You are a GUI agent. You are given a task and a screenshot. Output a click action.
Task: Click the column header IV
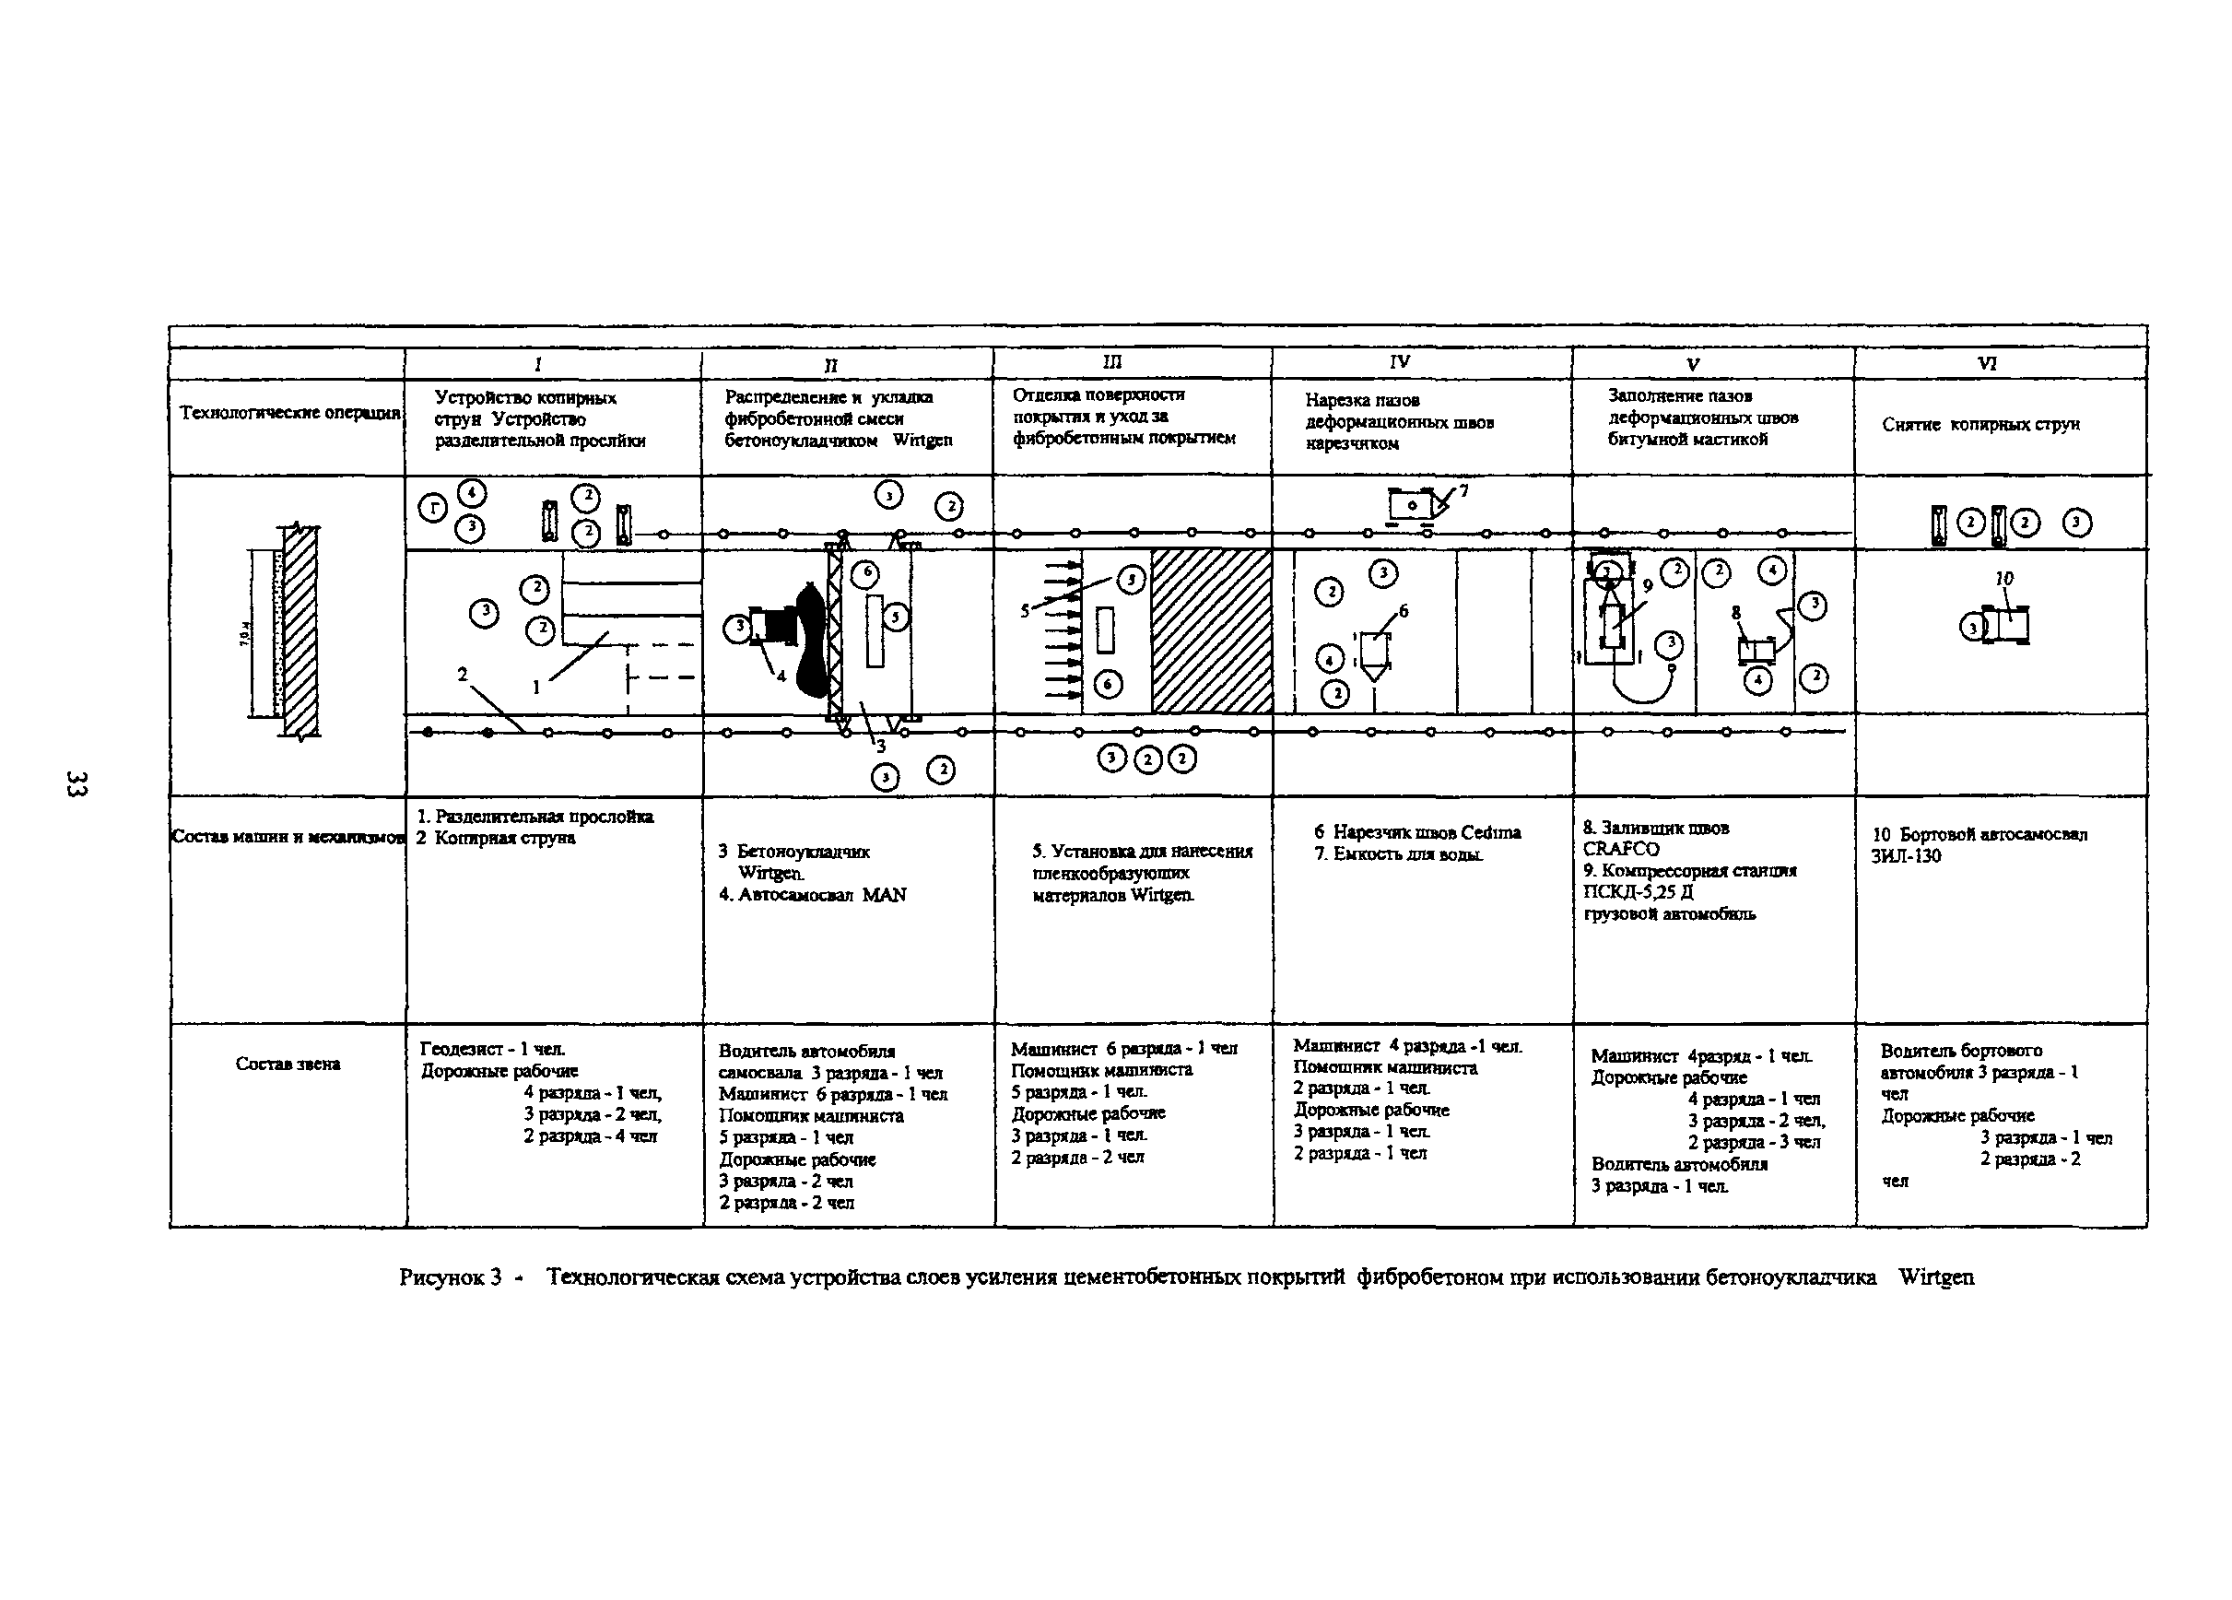pyautogui.click(x=1400, y=362)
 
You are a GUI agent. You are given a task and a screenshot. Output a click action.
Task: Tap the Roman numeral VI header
pyautogui.click(x=1986, y=363)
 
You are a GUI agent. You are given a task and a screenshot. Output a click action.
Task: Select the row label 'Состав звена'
pyautogui.click(x=288, y=1064)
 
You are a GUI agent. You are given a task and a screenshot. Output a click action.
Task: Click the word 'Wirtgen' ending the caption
pyautogui.click(x=1936, y=1277)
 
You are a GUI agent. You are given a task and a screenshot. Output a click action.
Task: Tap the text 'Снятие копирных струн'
pyautogui.click(x=1980, y=424)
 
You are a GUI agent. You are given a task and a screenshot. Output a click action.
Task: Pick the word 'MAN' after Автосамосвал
pyautogui.click(x=884, y=894)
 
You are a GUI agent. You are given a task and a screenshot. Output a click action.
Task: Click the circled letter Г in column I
pyautogui.click(x=433, y=508)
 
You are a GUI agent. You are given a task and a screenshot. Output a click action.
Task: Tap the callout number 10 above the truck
pyautogui.click(x=2003, y=579)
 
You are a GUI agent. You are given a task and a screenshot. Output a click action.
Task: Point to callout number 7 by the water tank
pyautogui.click(x=1463, y=490)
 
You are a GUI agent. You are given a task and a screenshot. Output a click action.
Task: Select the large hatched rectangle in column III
pyautogui.click(x=1212, y=630)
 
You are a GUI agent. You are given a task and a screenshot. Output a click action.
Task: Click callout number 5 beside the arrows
pyautogui.click(x=1025, y=611)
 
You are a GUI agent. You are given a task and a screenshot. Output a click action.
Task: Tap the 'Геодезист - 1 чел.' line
pyautogui.click(x=493, y=1049)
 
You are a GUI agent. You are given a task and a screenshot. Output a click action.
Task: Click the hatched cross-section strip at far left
pyautogui.click(x=300, y=630)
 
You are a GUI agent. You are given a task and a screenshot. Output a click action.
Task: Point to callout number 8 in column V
pyautogui.click(x=1736, y=613)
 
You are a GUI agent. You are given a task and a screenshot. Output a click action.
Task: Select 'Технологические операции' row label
pyautogui.click(x=289, y=412)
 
